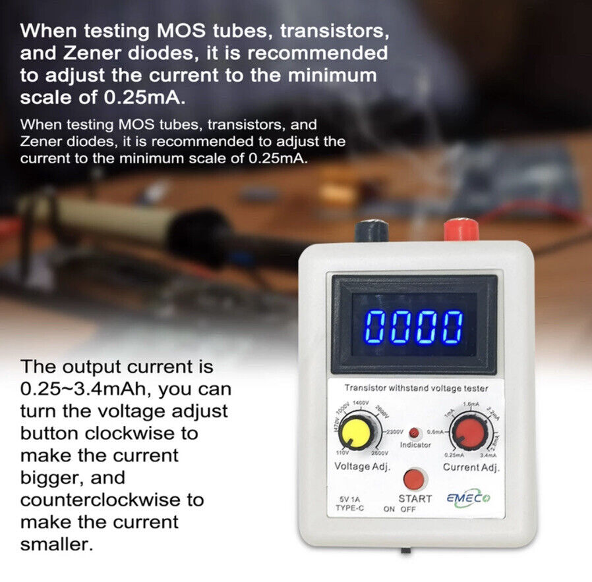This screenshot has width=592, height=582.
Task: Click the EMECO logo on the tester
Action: [x=473, y=498]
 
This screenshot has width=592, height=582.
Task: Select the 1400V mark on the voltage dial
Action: [x=361, y=402]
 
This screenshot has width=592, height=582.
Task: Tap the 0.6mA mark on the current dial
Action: [x=438, y=431]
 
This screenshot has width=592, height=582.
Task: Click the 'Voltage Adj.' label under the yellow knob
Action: [x=363, y=467]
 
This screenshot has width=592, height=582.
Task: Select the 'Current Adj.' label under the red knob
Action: [x=471, y=467]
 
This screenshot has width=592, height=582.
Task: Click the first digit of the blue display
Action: [x=376, y=326]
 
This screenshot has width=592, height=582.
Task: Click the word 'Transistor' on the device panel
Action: [x=365, y=388]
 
